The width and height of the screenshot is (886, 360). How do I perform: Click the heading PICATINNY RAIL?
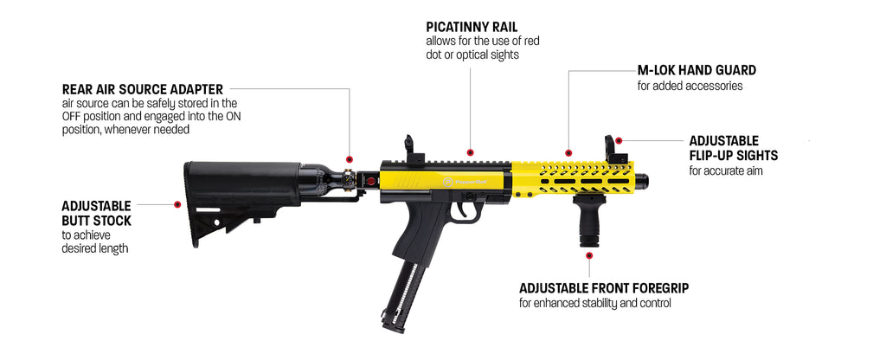tap(472, 27)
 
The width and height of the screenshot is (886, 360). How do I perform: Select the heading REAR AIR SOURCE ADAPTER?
tap(143, 89)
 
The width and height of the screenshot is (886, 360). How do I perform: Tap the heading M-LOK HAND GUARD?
tap(697, 71)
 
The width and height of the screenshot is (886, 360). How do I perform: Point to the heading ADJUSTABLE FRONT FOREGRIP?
tap(603, 288)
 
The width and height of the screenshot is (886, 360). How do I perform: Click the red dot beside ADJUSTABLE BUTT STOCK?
tap(177, 204)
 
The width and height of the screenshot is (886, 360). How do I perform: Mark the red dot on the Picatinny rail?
tap(470, 152)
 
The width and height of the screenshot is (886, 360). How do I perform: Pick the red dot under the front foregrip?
tap(588, 256)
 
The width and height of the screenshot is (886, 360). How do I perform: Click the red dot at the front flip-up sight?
tap(619, 140)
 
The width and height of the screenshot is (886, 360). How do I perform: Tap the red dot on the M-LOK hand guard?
tap(568, 152)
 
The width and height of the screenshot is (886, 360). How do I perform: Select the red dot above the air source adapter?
tap(350, 159)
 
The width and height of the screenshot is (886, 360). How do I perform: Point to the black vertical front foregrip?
tap(588, 221)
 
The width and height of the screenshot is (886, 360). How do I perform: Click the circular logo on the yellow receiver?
tap(448, 182)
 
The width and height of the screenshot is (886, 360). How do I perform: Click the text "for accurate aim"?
tap(726, 170)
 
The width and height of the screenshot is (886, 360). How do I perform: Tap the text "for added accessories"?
tap(690, 86)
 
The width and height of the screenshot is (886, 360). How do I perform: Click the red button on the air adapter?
tap(370, 182)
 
